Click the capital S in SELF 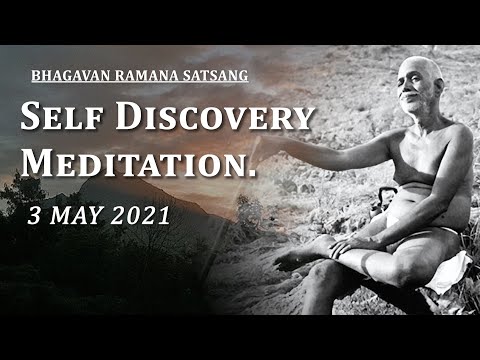(x=32, y=119)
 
